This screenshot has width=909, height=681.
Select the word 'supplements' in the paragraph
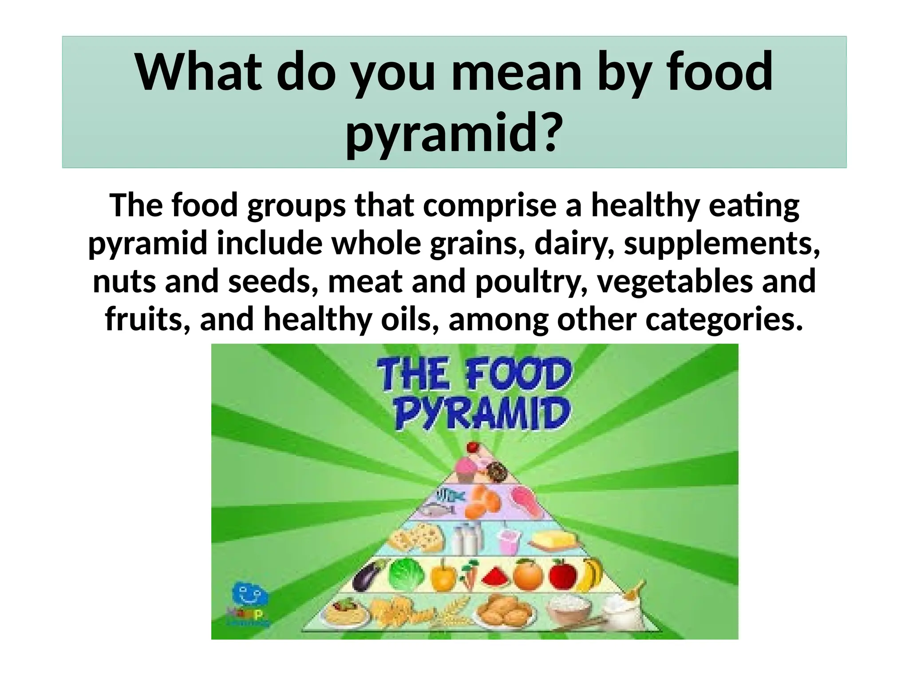click(x=721, y=244)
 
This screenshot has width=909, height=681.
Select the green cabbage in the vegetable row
click(x=406, y=575)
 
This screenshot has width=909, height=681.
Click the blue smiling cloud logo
click(x=250, y=594)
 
